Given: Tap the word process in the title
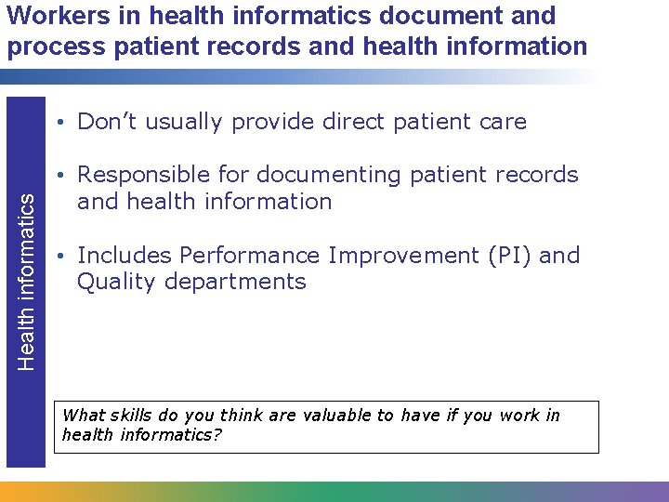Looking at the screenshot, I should click(47, 46).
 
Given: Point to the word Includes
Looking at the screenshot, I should click(125, 256).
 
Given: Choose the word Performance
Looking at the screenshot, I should click(241, 256).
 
